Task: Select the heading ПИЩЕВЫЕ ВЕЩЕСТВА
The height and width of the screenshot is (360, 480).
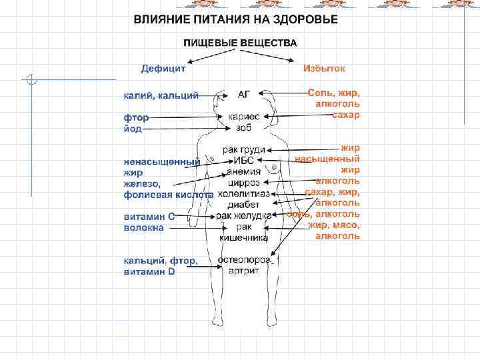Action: [241, 43]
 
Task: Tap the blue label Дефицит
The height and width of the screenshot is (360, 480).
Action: [163, 68]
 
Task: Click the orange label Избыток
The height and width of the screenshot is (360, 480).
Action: [324, 68]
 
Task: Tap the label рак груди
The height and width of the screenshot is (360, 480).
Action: [243, 150]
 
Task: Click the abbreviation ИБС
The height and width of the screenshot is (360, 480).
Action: [243, 161]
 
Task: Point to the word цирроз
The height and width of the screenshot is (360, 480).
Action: [243, 182]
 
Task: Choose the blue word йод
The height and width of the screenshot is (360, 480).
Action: [133, 129]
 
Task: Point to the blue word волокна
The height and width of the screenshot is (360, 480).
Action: [143, 227]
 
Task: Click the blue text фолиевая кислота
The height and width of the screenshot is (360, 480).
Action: [168, 195]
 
